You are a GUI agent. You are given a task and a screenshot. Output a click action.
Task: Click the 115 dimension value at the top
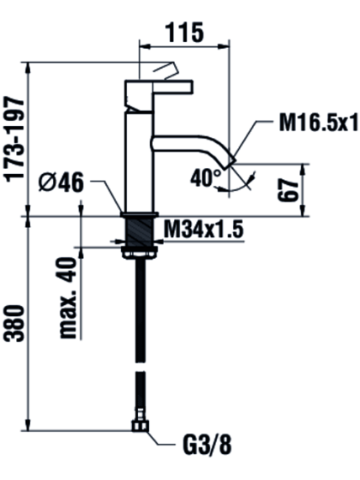coord(184,32)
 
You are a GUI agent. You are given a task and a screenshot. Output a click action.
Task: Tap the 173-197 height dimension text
coord(14,139)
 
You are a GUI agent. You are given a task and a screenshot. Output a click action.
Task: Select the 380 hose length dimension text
coord(14,324)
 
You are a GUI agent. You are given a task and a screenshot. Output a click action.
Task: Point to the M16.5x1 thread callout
coord(318,123)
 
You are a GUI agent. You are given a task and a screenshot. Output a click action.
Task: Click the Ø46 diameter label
coord(61,182)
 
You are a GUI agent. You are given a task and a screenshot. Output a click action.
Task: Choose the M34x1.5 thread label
coord(204,229)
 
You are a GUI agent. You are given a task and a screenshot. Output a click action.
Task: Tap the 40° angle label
coord(205,177)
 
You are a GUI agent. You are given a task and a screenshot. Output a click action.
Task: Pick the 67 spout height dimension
coord(288,191)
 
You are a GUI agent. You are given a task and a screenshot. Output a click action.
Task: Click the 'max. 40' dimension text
coord(68,298)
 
